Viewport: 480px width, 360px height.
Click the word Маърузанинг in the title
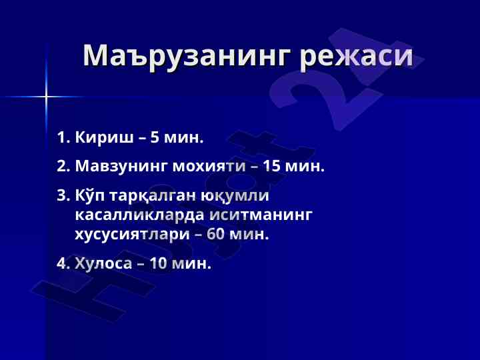[x=187, y=56]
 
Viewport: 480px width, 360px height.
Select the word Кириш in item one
[x=105, y=137]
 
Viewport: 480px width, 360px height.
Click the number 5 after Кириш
[x=155, y=137]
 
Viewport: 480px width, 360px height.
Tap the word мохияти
[x=209, y=167]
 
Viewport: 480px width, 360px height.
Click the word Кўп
[x=90, y=195]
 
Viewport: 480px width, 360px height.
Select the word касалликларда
[x=139, y=215]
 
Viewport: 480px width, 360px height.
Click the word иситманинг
[x=261, y=215]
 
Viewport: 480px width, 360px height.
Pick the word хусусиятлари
[x=133, y=235]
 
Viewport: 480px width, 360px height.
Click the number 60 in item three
[x=216, y=234]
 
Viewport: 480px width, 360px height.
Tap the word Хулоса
[x=103, y=263]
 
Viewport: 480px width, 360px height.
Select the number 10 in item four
[x=158, y=263]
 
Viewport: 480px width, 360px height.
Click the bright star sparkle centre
[x=46, y=97]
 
